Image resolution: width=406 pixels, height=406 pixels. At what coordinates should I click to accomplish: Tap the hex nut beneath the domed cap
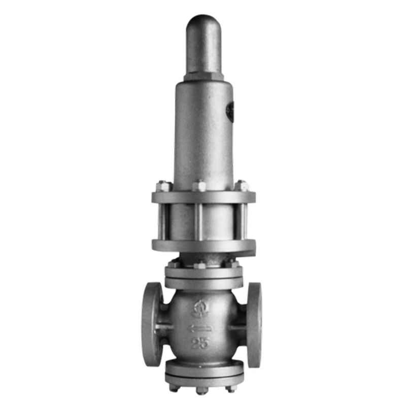pos(204,77)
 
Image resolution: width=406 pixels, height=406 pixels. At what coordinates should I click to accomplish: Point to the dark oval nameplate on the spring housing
pos(230,112)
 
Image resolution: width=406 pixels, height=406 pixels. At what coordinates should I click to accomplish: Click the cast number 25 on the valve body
pos(200,343)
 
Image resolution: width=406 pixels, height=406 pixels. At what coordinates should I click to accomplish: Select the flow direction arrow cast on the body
pos(199,329)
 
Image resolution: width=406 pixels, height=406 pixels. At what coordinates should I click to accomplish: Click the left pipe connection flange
pos(152,324)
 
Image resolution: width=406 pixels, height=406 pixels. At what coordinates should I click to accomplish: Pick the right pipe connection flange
pos(254,325)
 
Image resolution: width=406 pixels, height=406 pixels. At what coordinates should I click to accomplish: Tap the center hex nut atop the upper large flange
pos(199,186)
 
